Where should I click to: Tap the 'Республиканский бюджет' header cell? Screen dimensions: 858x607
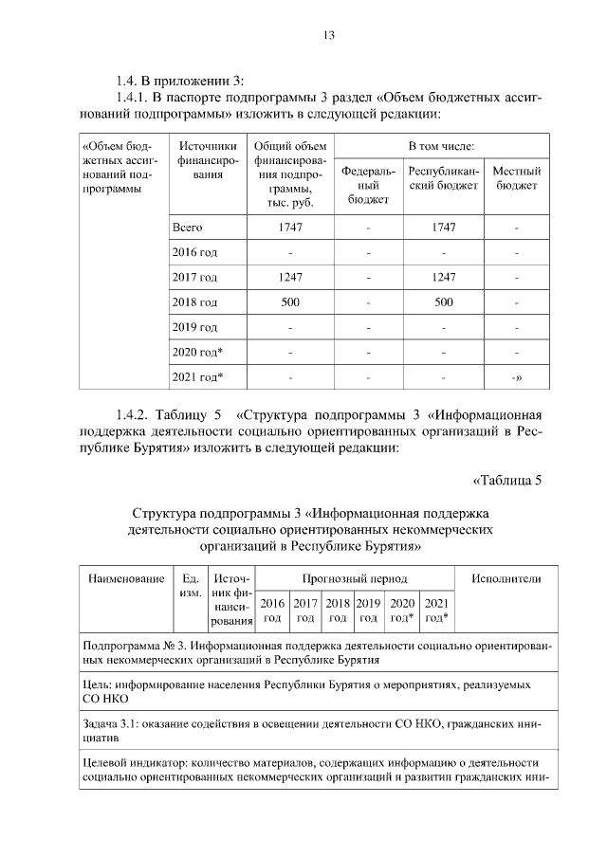click(444, 178)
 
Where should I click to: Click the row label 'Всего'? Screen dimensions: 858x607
click(188, 228)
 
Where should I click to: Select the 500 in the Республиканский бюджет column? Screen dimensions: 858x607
click(443, 302)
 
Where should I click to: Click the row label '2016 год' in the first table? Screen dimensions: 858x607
click(194, 253)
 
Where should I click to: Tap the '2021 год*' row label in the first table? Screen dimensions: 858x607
click(197, 377)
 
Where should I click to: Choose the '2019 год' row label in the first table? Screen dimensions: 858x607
click(194, 327)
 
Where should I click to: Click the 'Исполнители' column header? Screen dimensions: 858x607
click(512, 577)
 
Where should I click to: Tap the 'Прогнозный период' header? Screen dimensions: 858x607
click(355, 577)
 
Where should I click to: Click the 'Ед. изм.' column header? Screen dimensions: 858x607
click(188, 584)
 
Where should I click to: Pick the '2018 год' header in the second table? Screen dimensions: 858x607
click(337, 610)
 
